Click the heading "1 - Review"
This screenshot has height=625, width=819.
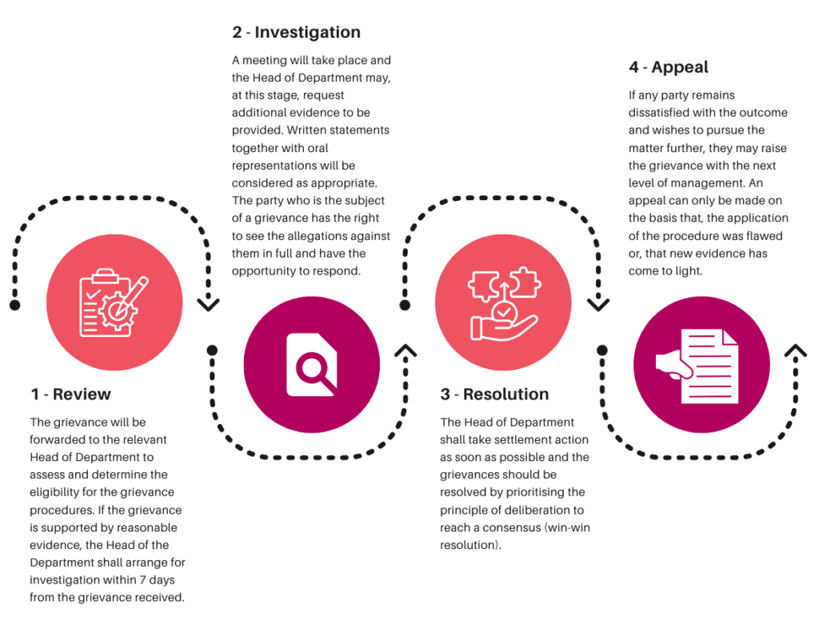[x=70, y=394]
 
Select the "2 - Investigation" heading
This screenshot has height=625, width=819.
[x=296, y=32]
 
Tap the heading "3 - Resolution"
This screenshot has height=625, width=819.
[x=494, y=394]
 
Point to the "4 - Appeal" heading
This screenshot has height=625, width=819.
[x=669, y=67]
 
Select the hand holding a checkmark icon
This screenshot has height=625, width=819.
[x=504, y=303]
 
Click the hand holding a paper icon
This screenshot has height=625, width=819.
[x=697, y=366]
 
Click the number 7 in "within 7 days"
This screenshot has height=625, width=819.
[x=142, y=580]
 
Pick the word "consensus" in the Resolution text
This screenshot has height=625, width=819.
[x=512, y=528]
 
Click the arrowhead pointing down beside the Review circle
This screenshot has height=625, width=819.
[x=209, y=304]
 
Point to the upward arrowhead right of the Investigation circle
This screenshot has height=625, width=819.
[x=406, y=351]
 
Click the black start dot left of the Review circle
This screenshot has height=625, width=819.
[x=14, y=305]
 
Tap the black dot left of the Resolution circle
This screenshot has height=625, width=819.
[x=405, y=305]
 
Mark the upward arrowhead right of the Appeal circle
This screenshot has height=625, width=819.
[x=796, y=351]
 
